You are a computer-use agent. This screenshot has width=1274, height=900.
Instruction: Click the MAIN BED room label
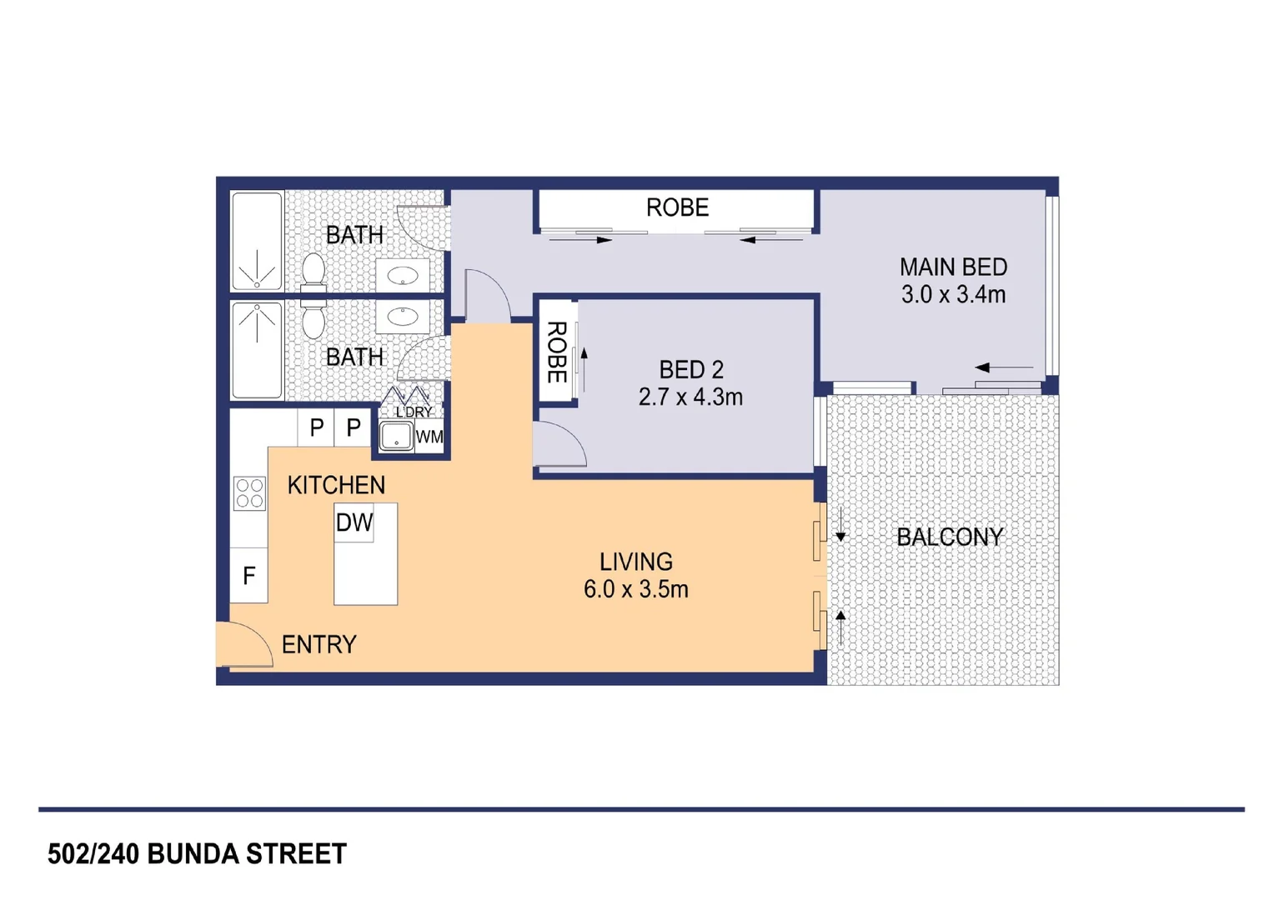tap(953, 267)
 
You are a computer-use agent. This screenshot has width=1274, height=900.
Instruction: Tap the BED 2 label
tap(691, 370)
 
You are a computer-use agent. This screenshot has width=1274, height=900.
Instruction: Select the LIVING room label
tap(636, 562)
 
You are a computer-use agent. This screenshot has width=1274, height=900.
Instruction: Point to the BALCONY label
tap(950, 537)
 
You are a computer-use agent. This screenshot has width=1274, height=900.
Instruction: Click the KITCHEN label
tap(336, 485)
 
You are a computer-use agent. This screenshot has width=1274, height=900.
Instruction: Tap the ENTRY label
tap(319, 645)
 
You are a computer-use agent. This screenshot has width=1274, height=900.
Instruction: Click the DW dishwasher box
tap(354, 522)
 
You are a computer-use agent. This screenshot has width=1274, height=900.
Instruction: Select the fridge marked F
tap(248, 575)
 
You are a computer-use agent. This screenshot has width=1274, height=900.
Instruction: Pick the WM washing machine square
tap(429, 437)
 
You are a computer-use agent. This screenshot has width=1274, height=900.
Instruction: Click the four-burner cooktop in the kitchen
tap(249, 493)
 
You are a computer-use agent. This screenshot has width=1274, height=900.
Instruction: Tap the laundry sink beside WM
tap(396, 437)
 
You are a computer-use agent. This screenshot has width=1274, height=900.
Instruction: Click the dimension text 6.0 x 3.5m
tap(636, 589)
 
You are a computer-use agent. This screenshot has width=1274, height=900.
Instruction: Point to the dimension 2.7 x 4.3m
tap(690, 397)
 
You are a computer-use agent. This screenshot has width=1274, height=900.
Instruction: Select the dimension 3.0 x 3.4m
tap(953, 294)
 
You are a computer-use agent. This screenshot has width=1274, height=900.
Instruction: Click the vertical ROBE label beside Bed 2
tap(557, 352)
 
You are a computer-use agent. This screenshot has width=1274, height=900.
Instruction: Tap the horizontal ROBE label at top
tap(677, 207)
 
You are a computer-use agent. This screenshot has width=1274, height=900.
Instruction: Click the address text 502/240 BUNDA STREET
tap(197, 854)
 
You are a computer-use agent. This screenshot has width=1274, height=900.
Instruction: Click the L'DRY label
tap(414, 412)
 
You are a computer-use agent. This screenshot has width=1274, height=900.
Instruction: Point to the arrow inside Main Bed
tap(1004, 367)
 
